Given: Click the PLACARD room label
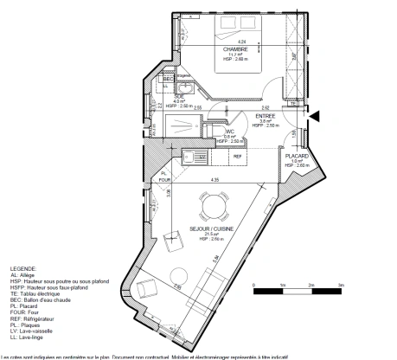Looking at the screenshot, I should pyautogui.click(x=298, y=156).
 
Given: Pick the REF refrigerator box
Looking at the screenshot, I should pyautogui.click(x=236, y=157).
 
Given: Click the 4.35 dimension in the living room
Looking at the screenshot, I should pyautogui.click(x=214, y=179).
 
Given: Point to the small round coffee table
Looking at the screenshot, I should pyautogui.click(x=178, y=276).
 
